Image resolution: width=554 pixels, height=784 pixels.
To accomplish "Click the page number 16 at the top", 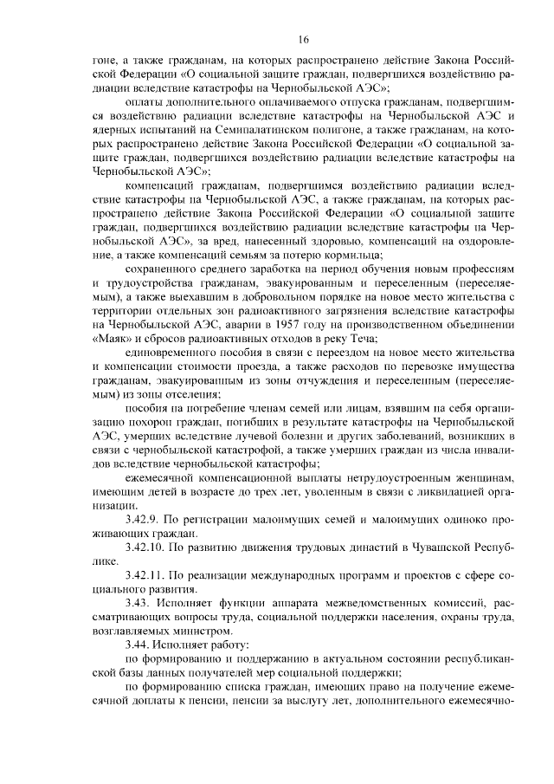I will (x=304, y=39).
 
